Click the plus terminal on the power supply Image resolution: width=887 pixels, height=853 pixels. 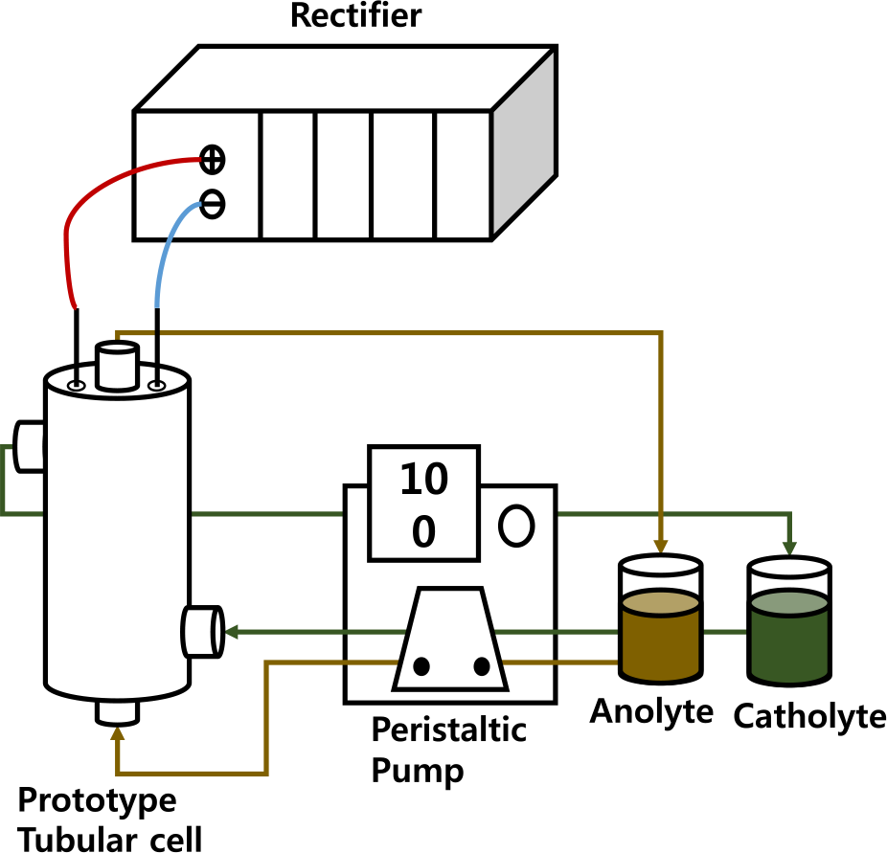212,160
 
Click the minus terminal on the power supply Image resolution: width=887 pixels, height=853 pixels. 212,204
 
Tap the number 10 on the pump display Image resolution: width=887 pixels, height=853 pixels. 422,481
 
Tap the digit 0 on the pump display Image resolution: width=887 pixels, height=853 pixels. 423,533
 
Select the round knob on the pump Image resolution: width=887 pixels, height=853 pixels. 516,526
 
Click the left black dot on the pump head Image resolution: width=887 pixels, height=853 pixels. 421,666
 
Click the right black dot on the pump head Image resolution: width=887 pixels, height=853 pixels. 482,666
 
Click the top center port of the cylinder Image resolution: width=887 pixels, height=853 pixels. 118,369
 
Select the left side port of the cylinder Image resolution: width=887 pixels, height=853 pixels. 31,447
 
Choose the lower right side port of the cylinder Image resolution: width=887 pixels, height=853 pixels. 201,632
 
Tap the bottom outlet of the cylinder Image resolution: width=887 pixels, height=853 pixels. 118,711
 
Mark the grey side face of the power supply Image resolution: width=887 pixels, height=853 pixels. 523,144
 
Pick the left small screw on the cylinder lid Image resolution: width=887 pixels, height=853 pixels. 77,386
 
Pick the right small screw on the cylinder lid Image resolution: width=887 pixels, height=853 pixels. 157,386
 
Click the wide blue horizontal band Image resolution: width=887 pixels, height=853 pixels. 479,276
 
